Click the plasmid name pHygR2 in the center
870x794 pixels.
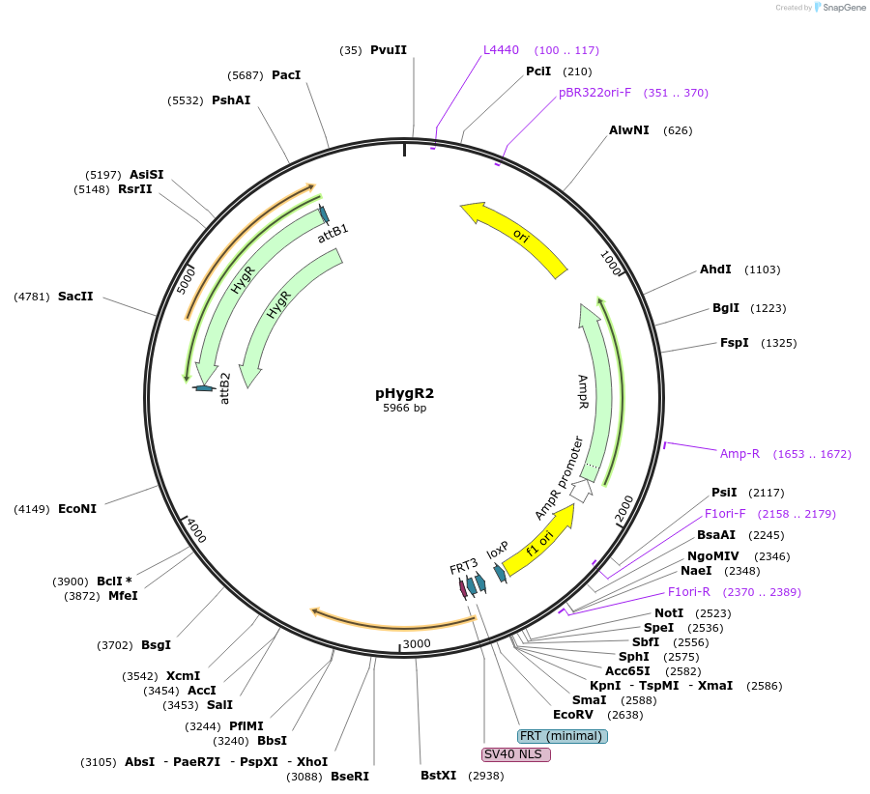click(x=404, y=393)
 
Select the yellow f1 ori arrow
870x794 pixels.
click(x=538, y=541)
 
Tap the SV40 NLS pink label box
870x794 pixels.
click(x=515, y=753)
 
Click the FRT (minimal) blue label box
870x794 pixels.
click(x=563, y=736)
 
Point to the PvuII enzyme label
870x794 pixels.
click(x=389, y=50)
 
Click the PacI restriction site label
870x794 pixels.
click(x=286, y=74)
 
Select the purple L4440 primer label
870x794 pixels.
click(x=502, y=49)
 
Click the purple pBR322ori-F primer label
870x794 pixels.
click(x=594, y=93)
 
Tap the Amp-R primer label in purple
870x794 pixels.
click(x=739, y=453)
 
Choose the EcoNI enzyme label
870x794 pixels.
click(x=77, y=508)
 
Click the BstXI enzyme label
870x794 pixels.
click(x=438, y=776)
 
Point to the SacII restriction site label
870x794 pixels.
click(x=75, y=297)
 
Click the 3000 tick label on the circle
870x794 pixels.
click(x=416, y=643)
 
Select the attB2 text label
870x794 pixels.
click(x=225, y=387)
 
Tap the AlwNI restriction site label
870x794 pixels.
click(x=629, y=130)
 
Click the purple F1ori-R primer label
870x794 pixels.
click(x=688, y=592)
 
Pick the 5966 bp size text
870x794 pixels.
click(x=404, y=409)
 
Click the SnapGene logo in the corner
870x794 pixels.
click(x=839, y=8)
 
